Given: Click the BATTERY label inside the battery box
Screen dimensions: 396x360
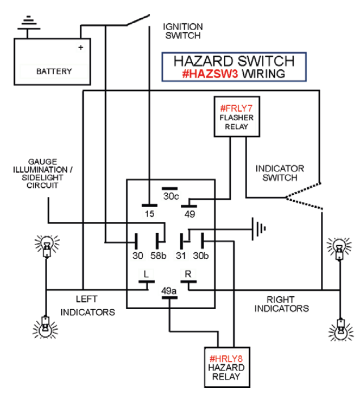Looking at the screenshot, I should pos(54,71).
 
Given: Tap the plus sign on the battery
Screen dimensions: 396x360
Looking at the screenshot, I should pos(81,48).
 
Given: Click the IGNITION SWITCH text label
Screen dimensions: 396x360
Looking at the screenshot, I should pos(183,31).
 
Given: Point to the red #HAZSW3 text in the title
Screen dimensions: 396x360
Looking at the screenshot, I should pos(210,74).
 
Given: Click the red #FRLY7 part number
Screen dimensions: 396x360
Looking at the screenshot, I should pos(236,108).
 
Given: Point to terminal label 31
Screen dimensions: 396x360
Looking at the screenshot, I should pos(180,256).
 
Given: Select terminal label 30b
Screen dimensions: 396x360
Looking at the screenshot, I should pos(201,256).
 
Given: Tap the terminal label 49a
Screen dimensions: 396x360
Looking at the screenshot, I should pos(168,292).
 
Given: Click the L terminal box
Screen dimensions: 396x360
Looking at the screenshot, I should pos(146,275).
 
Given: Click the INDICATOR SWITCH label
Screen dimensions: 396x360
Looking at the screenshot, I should pos(279,173).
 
